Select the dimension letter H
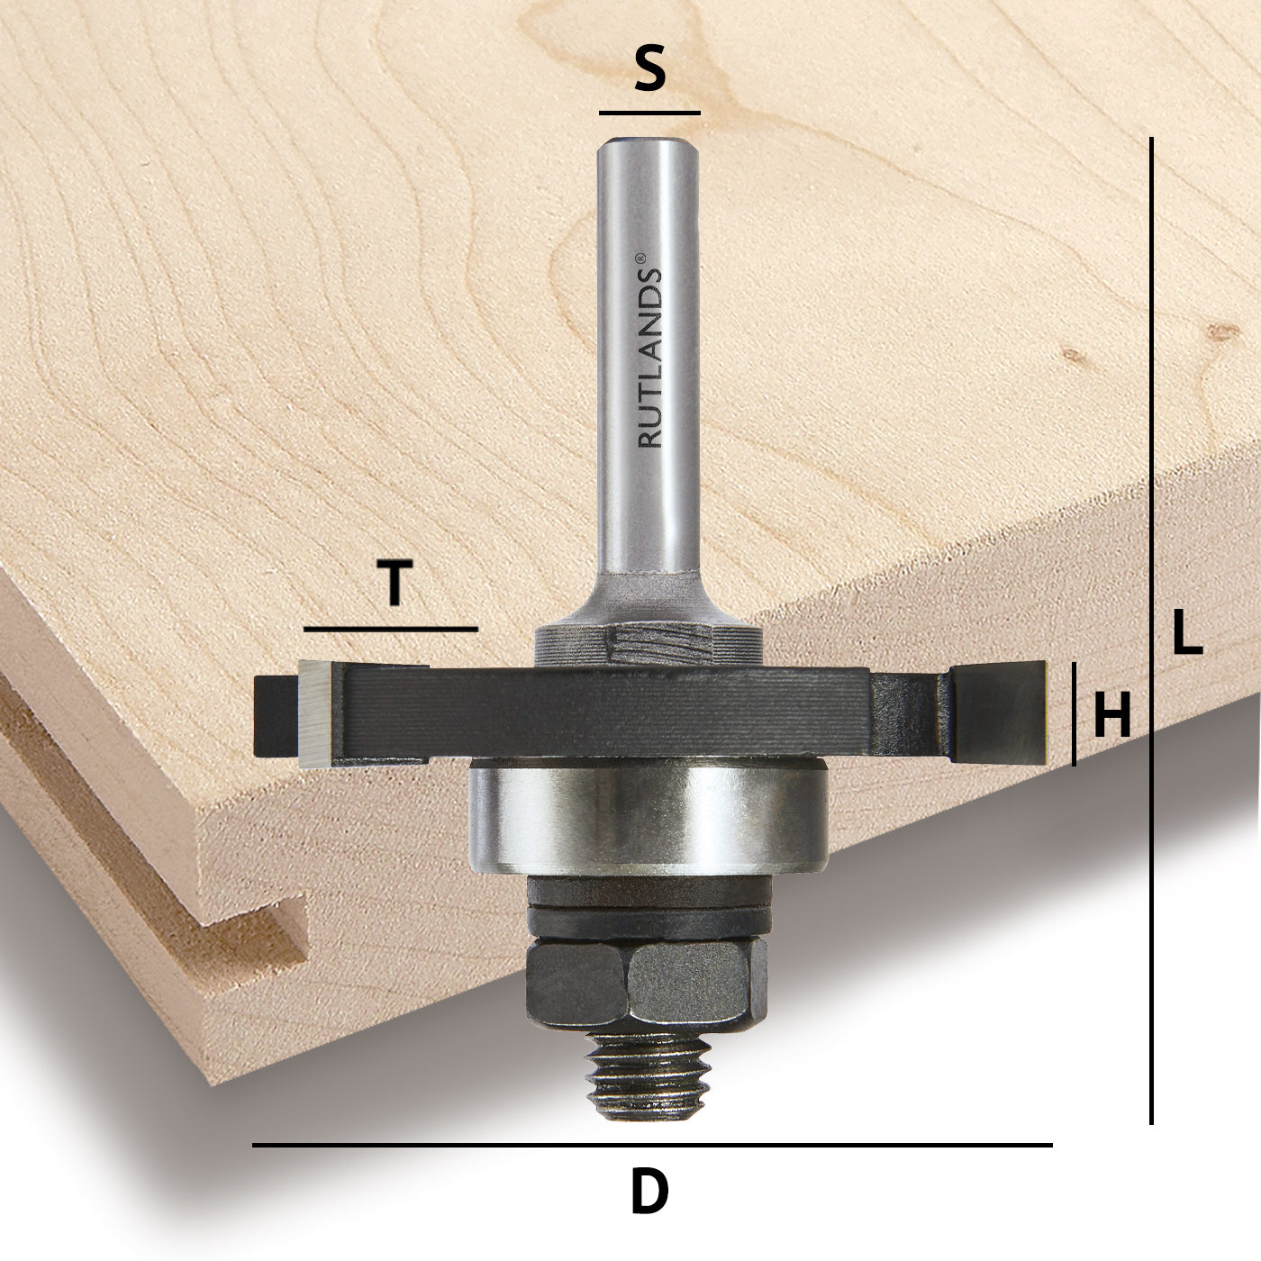pyautogui.click(x=1111, y=718)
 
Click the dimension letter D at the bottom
pyautogui.click(x=649, y=1192)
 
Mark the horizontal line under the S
pyautogui.click(x=649, y=113)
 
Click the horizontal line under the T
pyautogui.click(x=391, y=629)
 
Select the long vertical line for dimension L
pyautogui.click(x=1152, y=630)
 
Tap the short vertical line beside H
pyautogui.click(x=1074, y=713)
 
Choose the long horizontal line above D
pyautogui.click(x=651, y=1145)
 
